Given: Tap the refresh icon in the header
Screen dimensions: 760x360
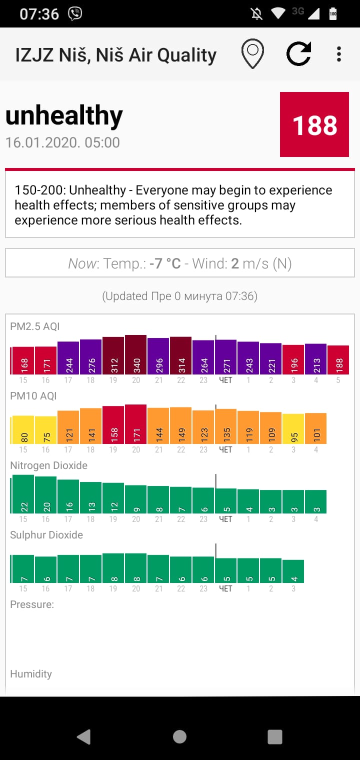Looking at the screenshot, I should (299, 54).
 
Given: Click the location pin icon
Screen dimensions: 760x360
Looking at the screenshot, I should (252, 54).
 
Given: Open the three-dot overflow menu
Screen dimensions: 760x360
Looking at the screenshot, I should (339, 54).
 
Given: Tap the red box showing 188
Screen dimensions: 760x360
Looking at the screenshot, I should (315, 124).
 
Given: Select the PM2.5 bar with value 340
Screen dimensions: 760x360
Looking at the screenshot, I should (136, 355).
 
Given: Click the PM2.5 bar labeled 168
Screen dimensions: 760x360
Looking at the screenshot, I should (23, 360).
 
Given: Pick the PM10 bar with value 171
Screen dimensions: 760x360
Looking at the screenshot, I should (136, 424).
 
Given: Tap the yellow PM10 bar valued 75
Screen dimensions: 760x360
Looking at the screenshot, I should (46, 430).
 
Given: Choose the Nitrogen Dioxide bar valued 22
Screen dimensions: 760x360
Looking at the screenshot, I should (23, 494).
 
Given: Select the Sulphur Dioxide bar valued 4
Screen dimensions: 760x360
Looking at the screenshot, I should (293, 571).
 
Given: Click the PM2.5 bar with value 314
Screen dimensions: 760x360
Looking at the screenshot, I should (181, 355).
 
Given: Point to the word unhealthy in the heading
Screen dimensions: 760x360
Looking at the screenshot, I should (64, 116).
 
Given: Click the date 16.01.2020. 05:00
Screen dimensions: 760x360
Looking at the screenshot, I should (62, 142).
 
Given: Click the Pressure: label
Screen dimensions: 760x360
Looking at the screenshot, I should (32, 604).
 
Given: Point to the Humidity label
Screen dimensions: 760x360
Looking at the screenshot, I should (31, 674).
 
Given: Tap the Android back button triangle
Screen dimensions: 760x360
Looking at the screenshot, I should (84, 736).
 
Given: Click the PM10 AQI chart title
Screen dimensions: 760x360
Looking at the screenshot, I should (33, 396).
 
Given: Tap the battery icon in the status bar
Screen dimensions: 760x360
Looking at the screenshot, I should (333, 14).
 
